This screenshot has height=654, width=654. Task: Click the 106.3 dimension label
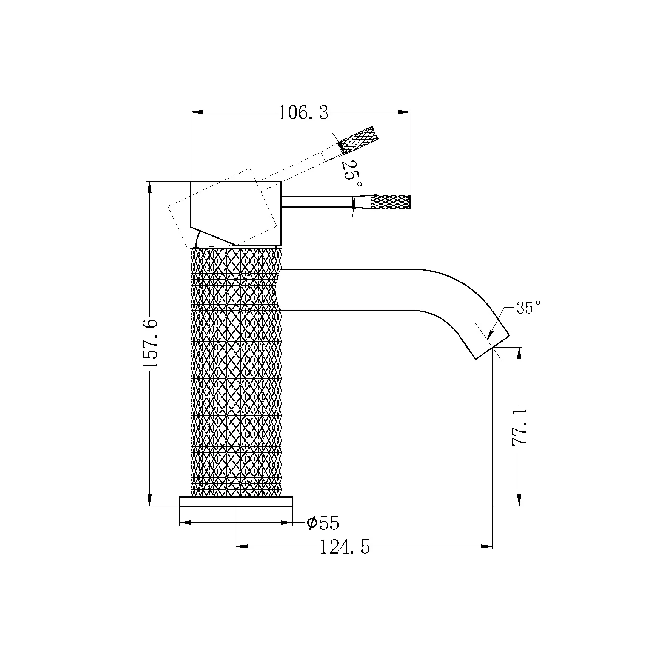[303, 113]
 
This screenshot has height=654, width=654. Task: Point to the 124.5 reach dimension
[345, 547]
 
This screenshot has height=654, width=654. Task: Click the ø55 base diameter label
[323, 523]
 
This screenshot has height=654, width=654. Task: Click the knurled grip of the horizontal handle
[390, 202]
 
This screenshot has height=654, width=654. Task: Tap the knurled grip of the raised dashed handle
[358, 139]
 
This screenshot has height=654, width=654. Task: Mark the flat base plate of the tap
[236, 501]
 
